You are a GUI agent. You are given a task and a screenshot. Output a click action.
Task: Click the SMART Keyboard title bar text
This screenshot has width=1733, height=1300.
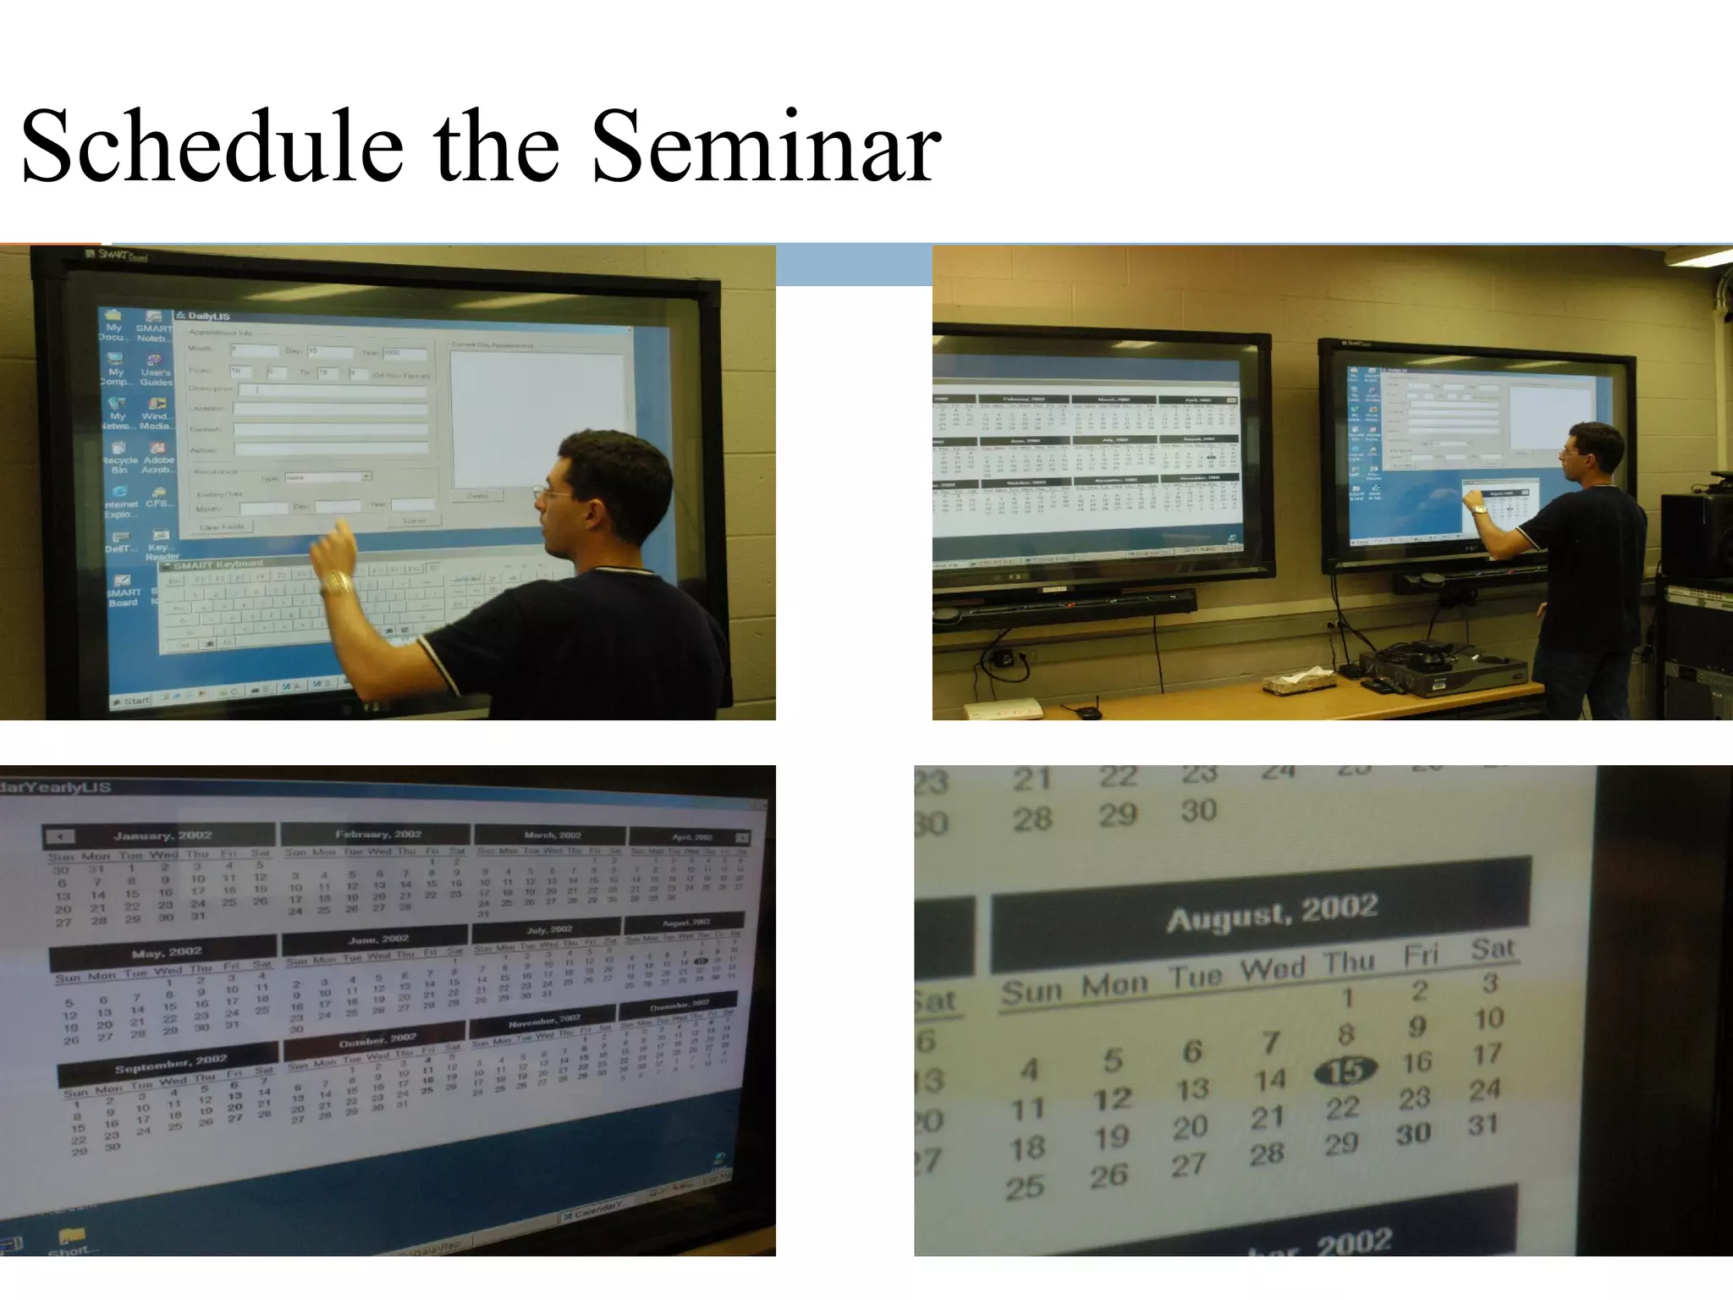[218, 565]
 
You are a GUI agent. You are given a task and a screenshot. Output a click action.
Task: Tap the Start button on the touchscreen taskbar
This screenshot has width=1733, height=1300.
[132, 700]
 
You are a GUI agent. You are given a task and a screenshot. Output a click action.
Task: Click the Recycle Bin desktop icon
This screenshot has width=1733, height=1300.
[120, 458]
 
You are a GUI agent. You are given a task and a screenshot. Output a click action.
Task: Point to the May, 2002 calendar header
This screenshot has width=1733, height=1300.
[166, 953]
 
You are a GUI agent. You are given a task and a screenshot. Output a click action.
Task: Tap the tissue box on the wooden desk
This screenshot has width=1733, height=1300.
[1290, 681]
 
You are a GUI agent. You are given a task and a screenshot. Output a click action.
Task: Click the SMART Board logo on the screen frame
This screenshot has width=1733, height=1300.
[118, 255]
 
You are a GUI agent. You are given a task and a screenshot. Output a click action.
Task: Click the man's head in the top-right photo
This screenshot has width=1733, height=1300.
[1593, 450]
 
